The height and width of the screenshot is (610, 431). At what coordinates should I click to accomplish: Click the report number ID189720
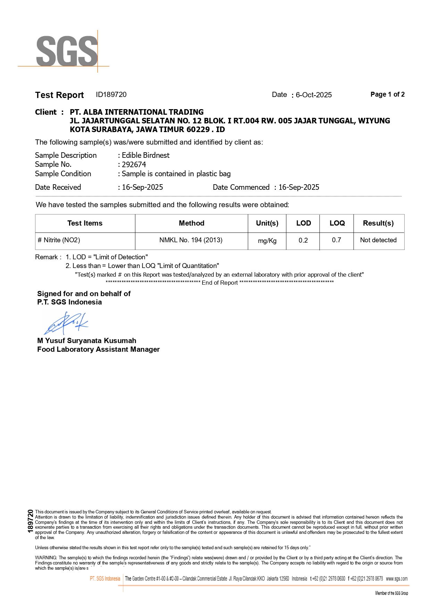[x=111, y=95]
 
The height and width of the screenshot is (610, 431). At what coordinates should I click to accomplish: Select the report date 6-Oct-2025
[x=314, y=95]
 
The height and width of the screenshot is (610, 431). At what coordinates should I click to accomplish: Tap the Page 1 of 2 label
[x=387, y=95]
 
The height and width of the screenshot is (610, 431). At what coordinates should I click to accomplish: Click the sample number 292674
[x=134, y=165]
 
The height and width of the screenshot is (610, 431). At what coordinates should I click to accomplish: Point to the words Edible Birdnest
[x=146, y=155]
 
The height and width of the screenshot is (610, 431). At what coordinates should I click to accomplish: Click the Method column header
[x=191, y=223]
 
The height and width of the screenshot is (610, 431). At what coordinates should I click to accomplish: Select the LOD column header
[x=303, y=223]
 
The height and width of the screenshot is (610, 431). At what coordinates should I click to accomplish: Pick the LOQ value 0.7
[x=336, y=240]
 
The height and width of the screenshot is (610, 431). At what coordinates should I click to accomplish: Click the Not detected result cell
[x=378, y=240]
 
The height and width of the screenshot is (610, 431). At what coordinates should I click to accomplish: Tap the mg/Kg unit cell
[x=267, y=241]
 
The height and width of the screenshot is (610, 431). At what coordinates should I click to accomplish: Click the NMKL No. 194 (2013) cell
[x=191, y=240]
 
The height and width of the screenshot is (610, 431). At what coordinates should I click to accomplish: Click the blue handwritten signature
[x=66, y=323]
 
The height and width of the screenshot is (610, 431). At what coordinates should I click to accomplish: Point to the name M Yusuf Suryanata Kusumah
[x=86, y=341]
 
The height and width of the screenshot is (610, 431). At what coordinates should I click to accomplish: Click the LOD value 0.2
[x=303, y=240]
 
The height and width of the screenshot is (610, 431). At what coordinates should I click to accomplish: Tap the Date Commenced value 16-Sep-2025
[x=299, y=187]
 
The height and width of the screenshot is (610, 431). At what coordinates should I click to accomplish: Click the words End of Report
[x=219, y=283]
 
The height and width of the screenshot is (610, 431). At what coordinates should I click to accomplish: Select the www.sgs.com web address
[x=397, y=579]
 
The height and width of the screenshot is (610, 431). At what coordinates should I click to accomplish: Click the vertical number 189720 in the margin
[x=31, y=521]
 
